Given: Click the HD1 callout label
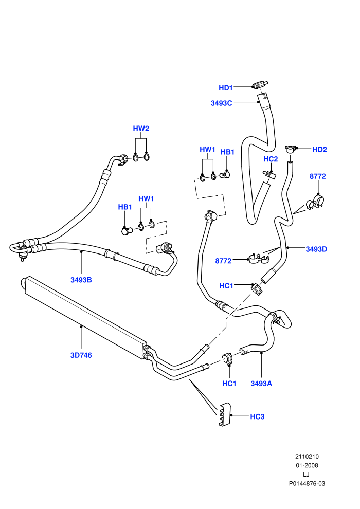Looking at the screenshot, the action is [226, 87].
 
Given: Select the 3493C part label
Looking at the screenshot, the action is [221, 103].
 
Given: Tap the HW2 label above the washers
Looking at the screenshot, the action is [141, 128].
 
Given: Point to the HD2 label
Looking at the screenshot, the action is [319, 149].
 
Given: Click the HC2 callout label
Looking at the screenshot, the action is [271, 159].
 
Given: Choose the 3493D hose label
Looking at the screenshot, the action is [316, 249].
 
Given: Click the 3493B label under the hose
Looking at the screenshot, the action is [81, 280].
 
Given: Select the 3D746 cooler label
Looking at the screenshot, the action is [81, 355].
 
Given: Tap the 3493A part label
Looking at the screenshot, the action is [261, 384].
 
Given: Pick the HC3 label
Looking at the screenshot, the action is [257, 416].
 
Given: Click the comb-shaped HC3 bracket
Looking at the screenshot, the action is [224, 414].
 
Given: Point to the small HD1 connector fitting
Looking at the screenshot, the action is [259, 85].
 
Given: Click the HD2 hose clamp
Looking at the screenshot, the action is [290, 149].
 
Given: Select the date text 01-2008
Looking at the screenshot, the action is [307, 465].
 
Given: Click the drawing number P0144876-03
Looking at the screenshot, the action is [307, 483].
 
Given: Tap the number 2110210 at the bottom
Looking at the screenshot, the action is [307, 456].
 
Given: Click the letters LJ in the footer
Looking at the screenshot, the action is [306, 474].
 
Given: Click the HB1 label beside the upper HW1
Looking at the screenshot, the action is [227, 152].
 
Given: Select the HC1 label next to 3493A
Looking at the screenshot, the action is [229, 384].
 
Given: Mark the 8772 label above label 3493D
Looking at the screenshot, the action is [317, 176].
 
